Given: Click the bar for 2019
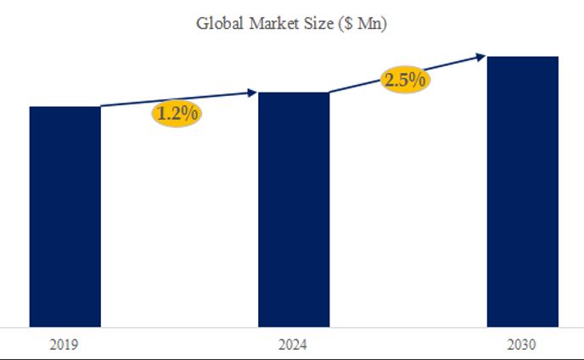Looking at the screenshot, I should click(65, 217).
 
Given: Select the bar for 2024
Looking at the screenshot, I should click(293, 209).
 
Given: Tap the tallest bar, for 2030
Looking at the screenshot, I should click(522, 191).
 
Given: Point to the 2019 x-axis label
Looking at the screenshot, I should click(65, 345).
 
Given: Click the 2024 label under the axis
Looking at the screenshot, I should click(293, 345).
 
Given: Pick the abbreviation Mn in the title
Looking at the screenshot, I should click(368, 24).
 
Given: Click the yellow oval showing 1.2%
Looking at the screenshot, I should click(177, 113).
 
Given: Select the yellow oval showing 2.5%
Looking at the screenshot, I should click(405, 80).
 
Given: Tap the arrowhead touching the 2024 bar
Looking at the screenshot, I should click(252, 92).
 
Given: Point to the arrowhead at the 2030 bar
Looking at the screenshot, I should click(481, 57).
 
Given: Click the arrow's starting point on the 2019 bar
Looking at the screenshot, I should click(101, 106).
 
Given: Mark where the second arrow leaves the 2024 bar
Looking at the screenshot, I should click(329, 92).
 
